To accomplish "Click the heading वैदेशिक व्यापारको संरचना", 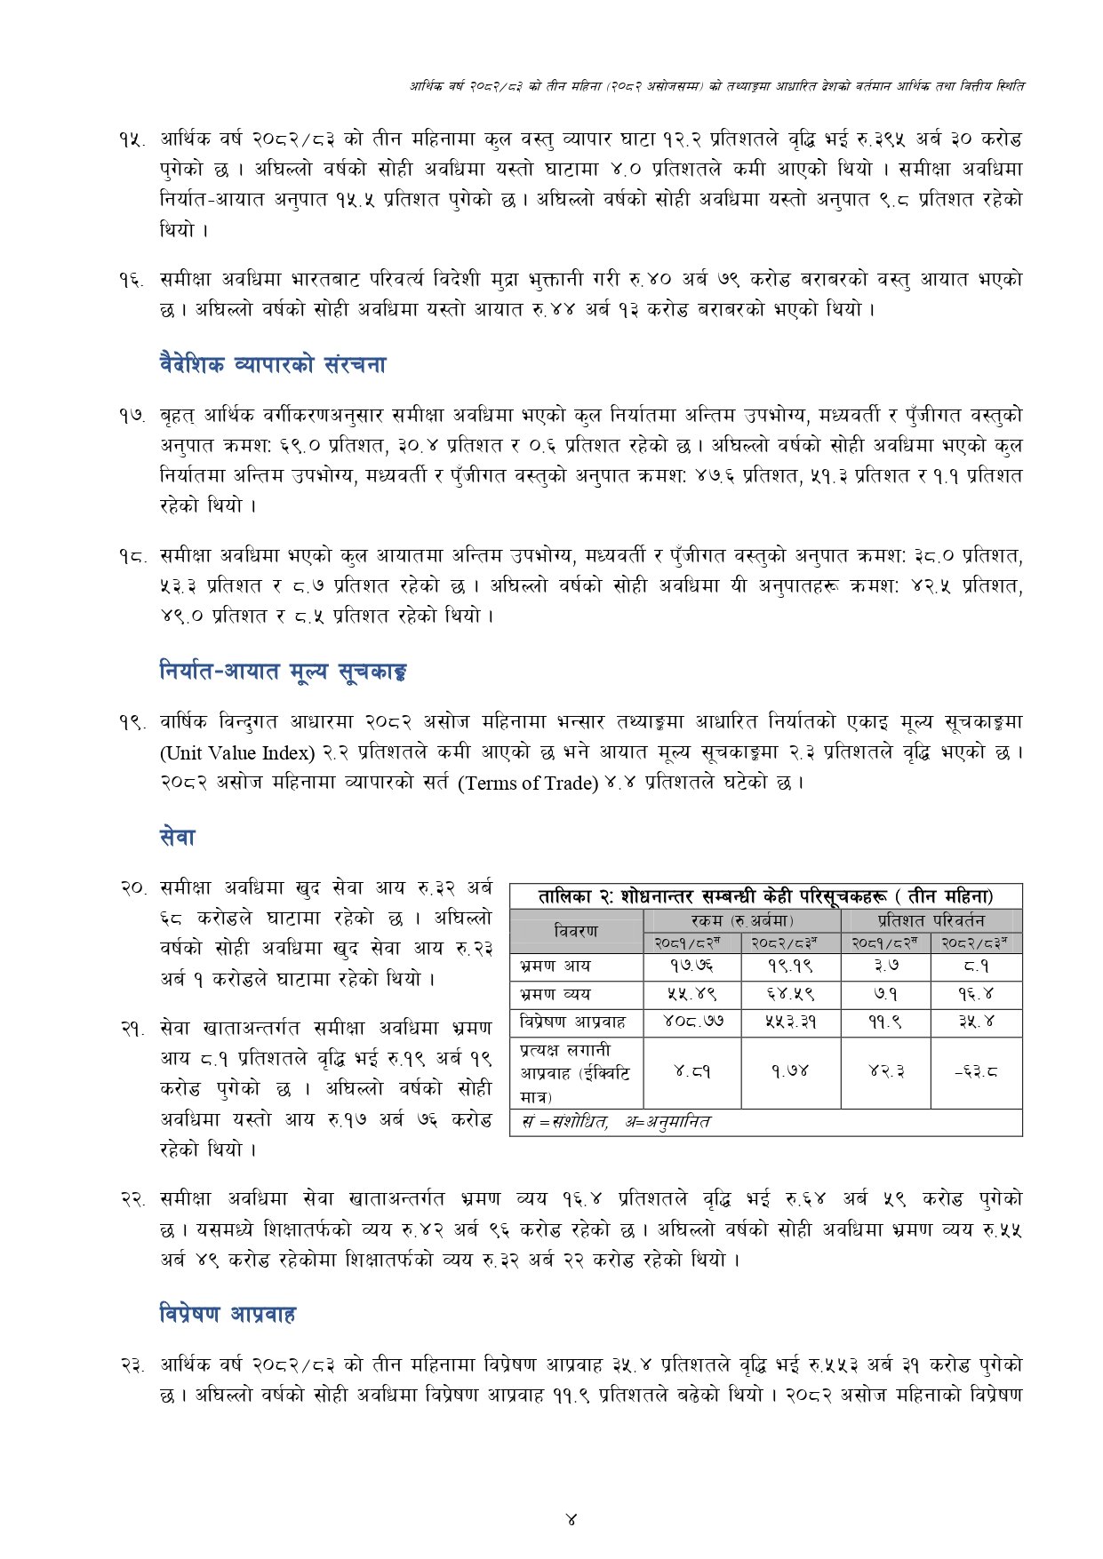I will point(273,364).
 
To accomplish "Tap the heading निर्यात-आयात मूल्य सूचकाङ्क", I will point(283,672).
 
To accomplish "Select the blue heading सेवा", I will point(177,837).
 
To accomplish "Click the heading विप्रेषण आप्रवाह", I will point(228,1314).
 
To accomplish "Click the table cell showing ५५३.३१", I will point(790,1022).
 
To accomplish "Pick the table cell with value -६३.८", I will point(976,1072).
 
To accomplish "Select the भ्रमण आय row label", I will point(555,966).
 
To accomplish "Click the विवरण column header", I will point(576,931).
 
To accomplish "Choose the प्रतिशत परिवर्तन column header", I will point(931,920).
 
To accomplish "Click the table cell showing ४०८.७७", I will point(691,1022).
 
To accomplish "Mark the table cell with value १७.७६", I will point(691,966).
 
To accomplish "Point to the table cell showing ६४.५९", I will point(790,994).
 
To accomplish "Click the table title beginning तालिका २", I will point(765,896).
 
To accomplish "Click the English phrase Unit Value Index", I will point(237,753).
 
